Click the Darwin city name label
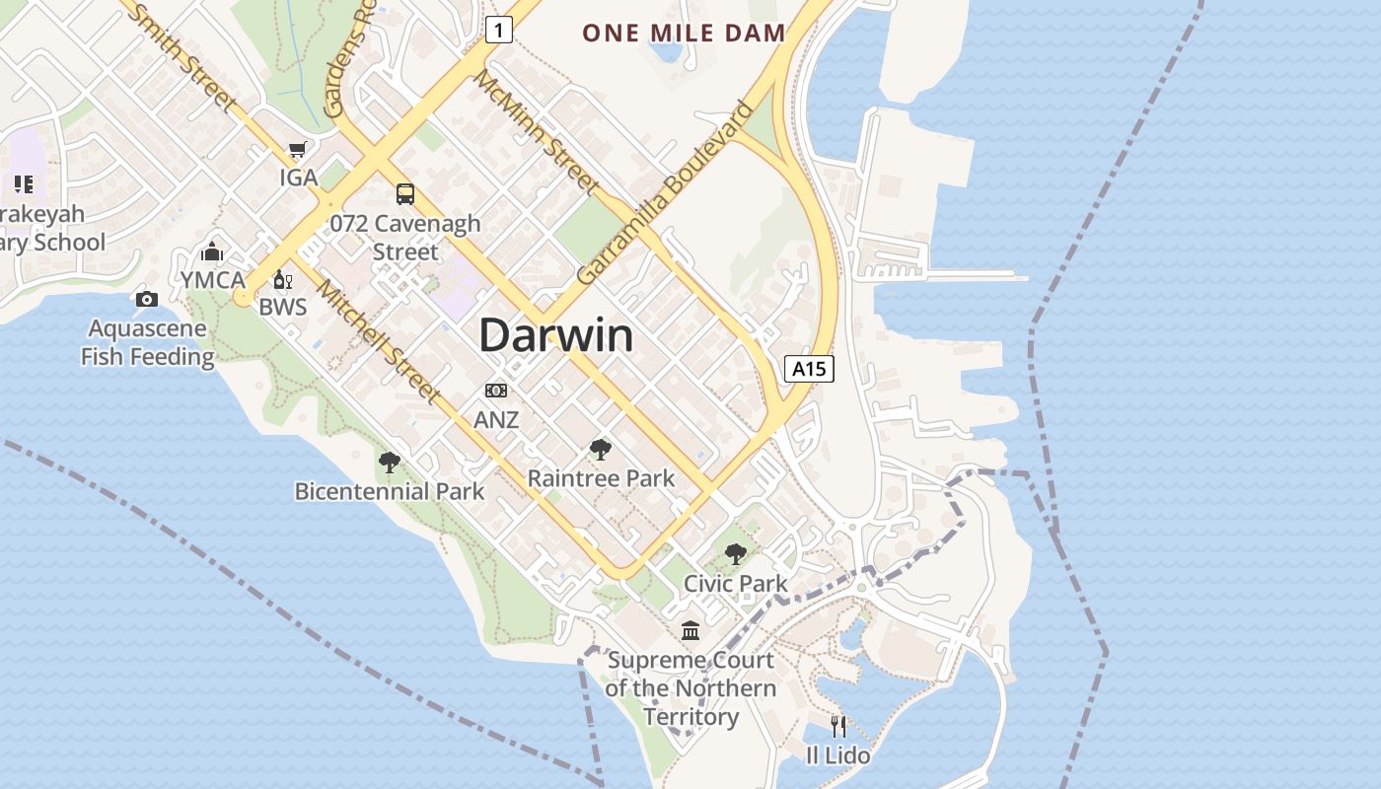[555, 336]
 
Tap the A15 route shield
[809, 369]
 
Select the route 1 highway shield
[499, 31]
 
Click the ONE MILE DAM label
[684, 34]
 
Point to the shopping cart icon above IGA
[297, 150]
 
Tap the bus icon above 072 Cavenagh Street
[405, 193]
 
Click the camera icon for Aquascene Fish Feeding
[147, 299]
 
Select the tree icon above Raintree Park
[600, 451]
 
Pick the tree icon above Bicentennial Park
[390, 462]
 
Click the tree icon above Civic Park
[735, 554]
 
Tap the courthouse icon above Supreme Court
[690, 630]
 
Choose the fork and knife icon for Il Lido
[838, 727]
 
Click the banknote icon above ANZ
[496, 391]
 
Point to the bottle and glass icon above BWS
[283, 279]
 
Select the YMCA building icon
[212, 252]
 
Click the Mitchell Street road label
[379, 340]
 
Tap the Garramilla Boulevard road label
[663, 193]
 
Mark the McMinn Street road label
[537, 131]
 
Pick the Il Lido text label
[838, 755]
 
